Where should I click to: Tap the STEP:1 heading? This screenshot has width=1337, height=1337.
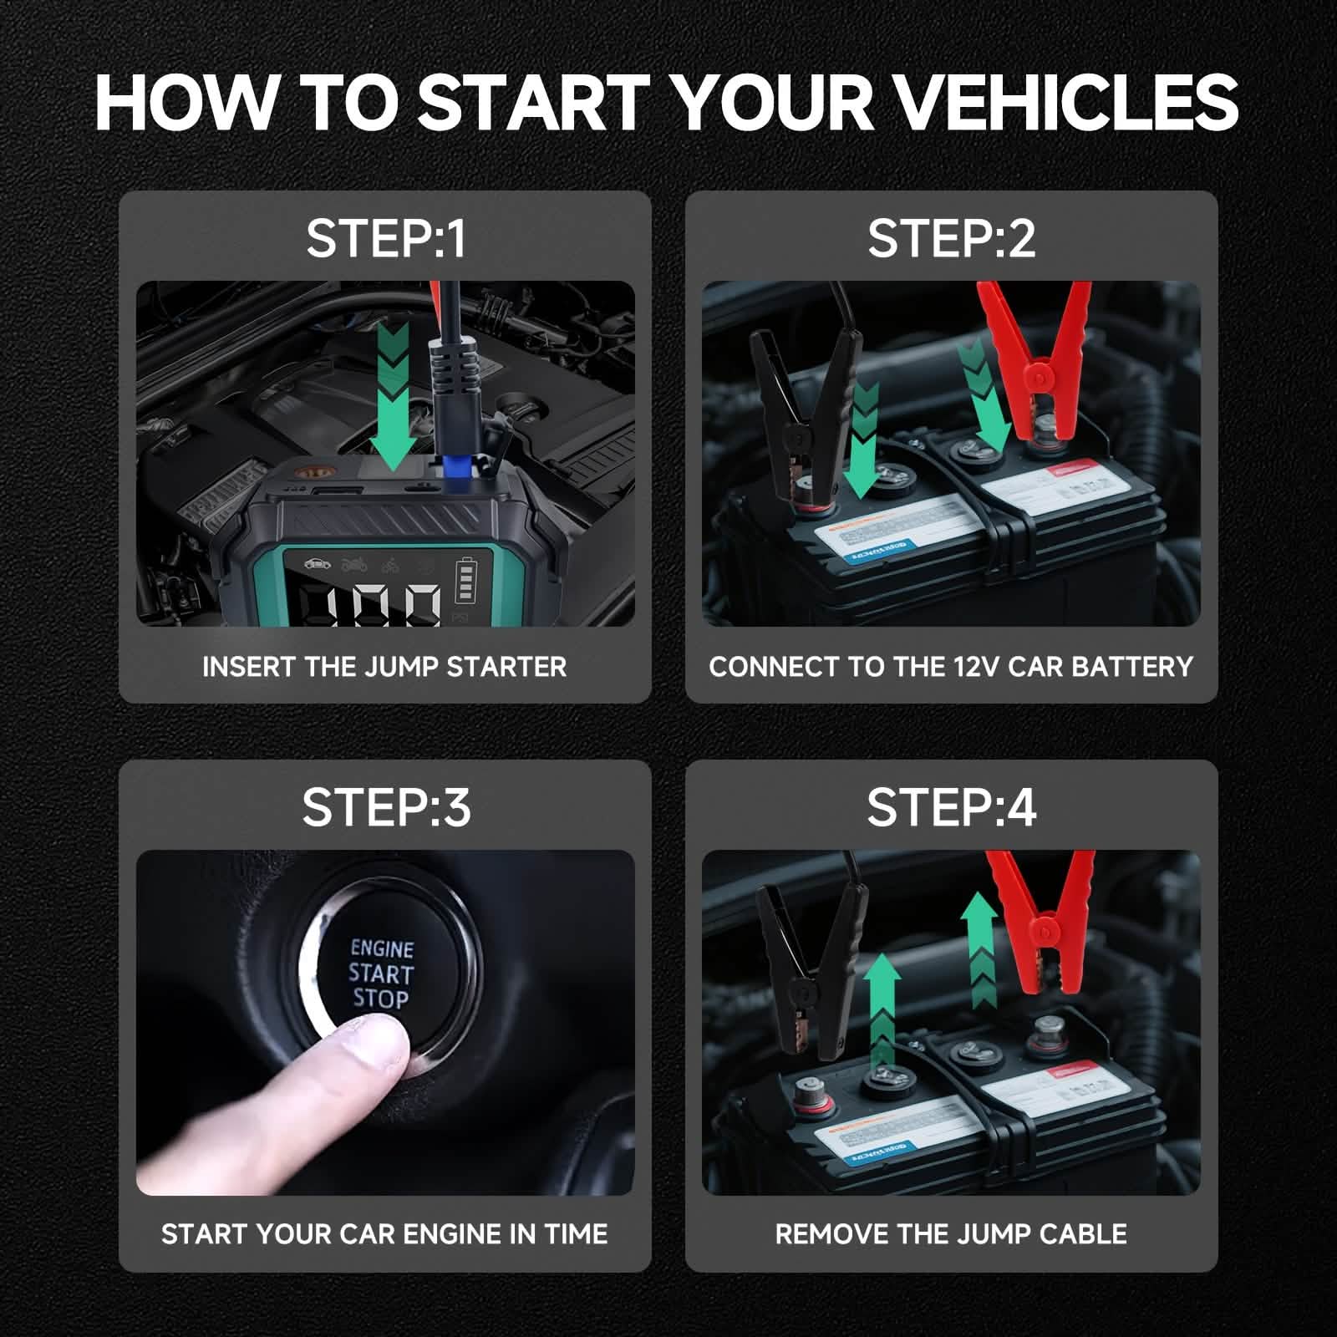point(385,239)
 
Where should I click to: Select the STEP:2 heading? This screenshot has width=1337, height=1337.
point(951,239)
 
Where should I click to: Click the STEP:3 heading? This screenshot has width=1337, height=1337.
point(385,807)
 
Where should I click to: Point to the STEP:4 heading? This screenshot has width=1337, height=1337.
point(951,807)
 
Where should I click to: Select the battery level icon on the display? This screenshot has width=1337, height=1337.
point(465,581)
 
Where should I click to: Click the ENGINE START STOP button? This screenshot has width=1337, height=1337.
point(381,974)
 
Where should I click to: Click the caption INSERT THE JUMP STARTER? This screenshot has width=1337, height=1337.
point(384,667)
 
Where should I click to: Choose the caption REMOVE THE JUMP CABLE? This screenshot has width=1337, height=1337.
point(951,1234)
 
